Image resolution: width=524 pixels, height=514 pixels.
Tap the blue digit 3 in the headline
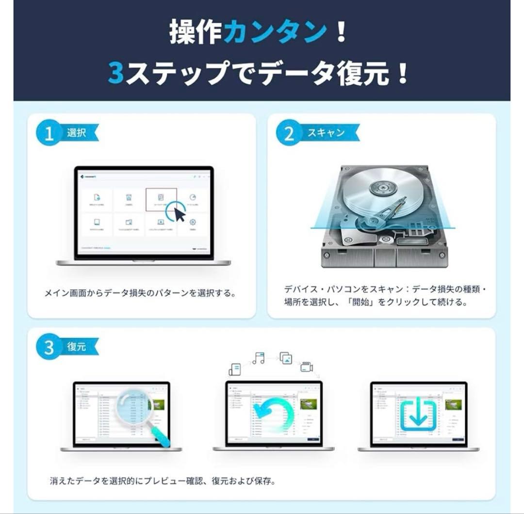[x=116, y=73]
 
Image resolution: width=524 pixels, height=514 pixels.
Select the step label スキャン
[x=326, y=133]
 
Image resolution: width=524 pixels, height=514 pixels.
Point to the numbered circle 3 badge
[x=49, y=348]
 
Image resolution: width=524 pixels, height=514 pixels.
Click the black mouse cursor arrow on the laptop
[x=180, y=213]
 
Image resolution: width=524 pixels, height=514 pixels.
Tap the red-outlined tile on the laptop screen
[x=161, y=200]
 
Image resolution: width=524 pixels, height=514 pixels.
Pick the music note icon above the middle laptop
[x=259, y=358]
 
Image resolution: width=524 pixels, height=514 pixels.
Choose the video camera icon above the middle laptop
[x=307, y=367]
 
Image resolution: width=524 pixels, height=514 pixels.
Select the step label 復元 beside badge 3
[x=76, y=347]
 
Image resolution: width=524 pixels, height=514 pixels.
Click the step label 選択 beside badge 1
[x=76, y=133]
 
